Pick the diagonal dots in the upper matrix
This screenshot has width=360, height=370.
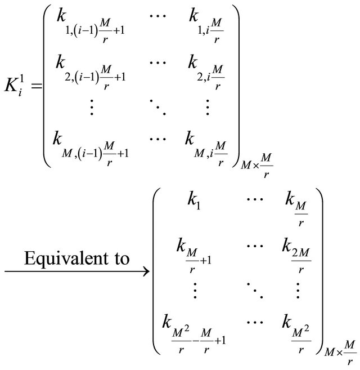click(x=157, y=105)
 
